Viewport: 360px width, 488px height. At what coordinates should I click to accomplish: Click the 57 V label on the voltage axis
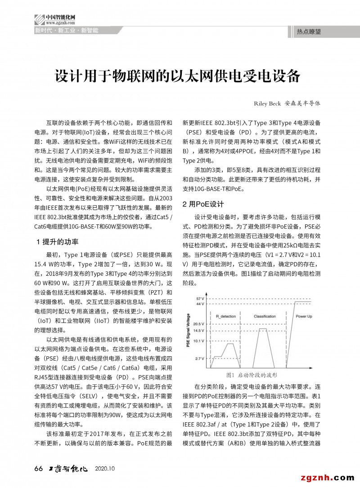(201, 299)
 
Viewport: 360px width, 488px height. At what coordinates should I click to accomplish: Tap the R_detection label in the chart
(226, 317)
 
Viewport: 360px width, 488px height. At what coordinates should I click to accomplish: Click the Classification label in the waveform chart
(265, 317)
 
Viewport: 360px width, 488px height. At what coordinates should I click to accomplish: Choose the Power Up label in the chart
(304, 317)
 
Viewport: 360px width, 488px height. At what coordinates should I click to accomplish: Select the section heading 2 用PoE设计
(202, 204)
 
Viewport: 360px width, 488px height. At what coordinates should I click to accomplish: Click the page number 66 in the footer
(38, 469)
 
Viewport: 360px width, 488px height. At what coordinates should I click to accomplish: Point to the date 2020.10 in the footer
(105, 469)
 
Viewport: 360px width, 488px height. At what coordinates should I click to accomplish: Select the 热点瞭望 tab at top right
(309, 32)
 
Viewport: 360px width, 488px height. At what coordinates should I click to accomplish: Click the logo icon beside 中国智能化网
(39, 19)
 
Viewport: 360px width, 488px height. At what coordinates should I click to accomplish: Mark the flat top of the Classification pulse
(262, 329)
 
